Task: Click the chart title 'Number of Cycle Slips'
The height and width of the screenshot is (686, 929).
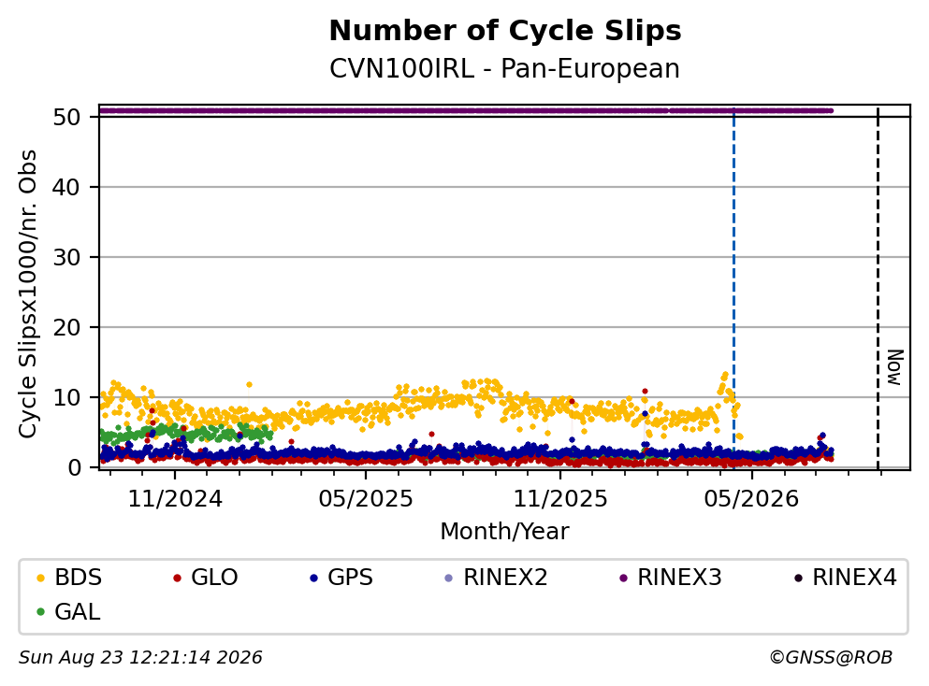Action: coord(505,31)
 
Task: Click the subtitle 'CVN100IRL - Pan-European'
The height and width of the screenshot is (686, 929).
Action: coord(505,68)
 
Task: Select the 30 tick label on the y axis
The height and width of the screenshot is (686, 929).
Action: coord(67,257)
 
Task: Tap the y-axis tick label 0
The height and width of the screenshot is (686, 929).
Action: coord(75,467)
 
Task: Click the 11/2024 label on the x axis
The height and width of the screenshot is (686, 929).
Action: coord(175,499)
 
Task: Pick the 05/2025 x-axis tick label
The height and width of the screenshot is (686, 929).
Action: coord(366,499)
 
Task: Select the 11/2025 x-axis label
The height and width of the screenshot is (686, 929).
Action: coord(559,499)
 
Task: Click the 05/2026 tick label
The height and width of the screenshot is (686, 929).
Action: coord(751,499)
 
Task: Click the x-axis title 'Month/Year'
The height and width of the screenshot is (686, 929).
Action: coord(505,532)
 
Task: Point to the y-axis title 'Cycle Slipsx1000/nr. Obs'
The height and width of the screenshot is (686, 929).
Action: coord(28,294)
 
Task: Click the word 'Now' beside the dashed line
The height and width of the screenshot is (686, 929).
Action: coord(894,367)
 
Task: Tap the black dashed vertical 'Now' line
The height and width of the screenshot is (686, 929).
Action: coord(878,288)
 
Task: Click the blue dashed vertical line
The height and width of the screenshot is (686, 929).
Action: coord(733,288)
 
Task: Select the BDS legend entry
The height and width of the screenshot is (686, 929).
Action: coord(69,578)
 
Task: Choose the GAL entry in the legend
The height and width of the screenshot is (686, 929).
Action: coord(68,612)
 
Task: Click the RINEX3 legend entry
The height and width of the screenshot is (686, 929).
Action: coord(670,578)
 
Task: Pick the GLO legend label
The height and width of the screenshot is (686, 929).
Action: coord(205,578)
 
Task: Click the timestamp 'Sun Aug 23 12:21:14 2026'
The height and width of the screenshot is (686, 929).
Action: coord(140,658)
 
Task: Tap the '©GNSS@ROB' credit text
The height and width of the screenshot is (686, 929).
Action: coord(831,658)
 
